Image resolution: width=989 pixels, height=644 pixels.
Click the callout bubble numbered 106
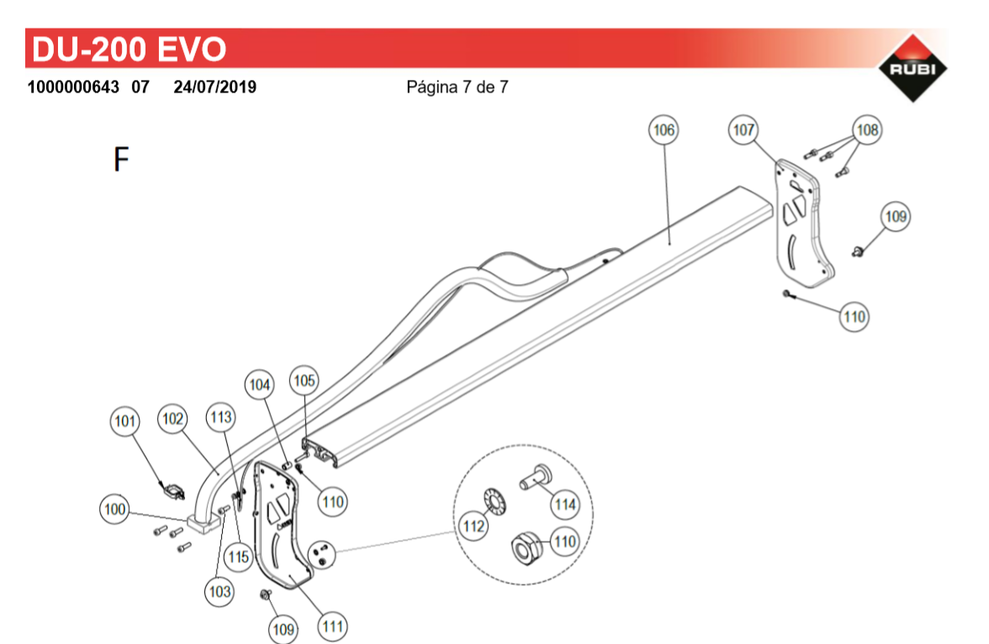(664, 130)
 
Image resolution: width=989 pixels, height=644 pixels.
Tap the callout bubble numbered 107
(743, 130)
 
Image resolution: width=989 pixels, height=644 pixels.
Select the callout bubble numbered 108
(867, 130)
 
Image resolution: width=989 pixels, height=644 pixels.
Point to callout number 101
(124, 421)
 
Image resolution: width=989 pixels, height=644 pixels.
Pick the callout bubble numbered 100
(114, 509)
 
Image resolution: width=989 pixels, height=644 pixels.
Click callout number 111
(332, 626)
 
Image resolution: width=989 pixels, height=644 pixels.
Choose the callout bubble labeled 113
(220, 418)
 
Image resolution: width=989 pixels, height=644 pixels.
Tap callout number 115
(239, 557)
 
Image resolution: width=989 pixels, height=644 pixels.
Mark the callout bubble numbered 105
(304, 381)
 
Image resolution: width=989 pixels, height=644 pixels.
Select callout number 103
(219, 592)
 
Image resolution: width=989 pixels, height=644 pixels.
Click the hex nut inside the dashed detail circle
(526, 546)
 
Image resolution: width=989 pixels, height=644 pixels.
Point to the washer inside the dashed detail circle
(496, 501)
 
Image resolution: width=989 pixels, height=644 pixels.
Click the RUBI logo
(912, 67)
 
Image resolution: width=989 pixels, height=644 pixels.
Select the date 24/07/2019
(215, 87)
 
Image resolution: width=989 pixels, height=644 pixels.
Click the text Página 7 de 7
(457, 87)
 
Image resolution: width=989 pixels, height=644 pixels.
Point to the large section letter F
(121, 159)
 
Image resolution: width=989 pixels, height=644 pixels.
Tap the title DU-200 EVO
(129, 50)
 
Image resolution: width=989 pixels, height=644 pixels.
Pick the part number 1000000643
(73, 87)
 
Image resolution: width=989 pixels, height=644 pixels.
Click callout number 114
(565, 504)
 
